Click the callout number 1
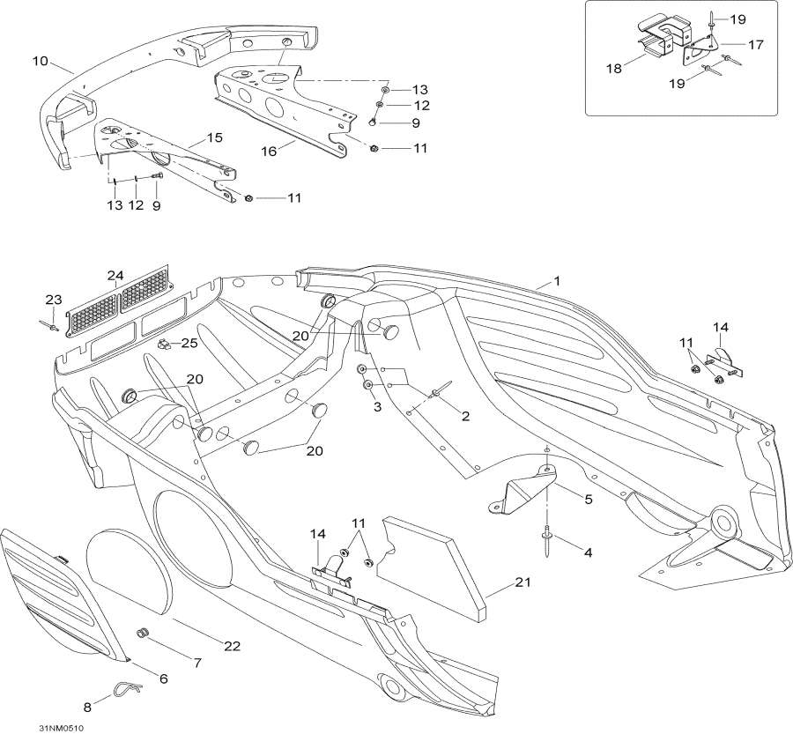(556, 281)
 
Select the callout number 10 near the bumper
(40, 61)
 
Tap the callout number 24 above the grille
(115, 274)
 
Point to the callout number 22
(231, 646)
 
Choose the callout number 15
(215, 137)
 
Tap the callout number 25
(189, 342)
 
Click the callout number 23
(54, 300)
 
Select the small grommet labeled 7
(140, 634)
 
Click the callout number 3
(376, 406)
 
